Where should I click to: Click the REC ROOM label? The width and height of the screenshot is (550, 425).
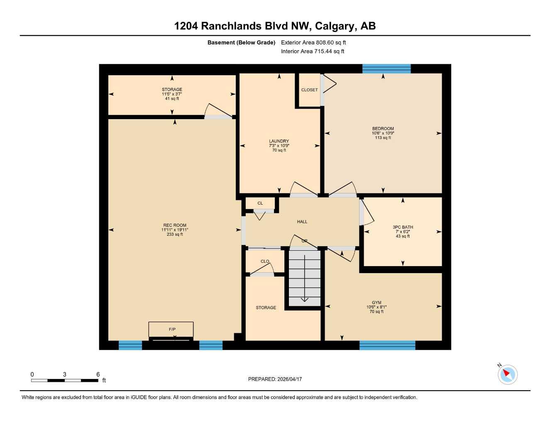pos(175,225)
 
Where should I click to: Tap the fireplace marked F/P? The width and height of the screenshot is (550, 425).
pos(171,330)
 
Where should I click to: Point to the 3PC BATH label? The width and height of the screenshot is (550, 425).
pos(403,227)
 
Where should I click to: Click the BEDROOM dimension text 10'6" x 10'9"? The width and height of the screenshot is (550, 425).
pos(383,133)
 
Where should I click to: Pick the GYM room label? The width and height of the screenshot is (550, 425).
pos(376,303)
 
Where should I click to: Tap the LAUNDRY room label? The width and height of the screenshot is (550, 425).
pos(279,141)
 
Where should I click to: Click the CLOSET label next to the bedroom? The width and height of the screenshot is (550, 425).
pos(309,90)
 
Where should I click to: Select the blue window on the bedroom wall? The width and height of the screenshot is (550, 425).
pos(386,68)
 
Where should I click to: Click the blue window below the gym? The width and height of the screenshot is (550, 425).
pos(387,345)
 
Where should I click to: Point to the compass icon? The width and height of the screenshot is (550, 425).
pos(507,374)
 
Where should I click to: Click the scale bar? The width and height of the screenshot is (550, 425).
pos(64,380)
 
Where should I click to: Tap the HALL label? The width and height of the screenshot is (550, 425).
pos(302,222)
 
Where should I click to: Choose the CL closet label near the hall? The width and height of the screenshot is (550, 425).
pos(260,203)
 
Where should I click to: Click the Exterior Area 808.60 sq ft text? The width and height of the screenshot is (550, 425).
pos(313,42)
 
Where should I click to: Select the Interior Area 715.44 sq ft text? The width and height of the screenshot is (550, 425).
pos(313,51)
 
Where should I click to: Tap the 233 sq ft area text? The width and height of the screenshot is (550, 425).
pos(175,234)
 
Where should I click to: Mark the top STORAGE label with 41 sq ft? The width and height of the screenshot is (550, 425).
pos(172,90)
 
